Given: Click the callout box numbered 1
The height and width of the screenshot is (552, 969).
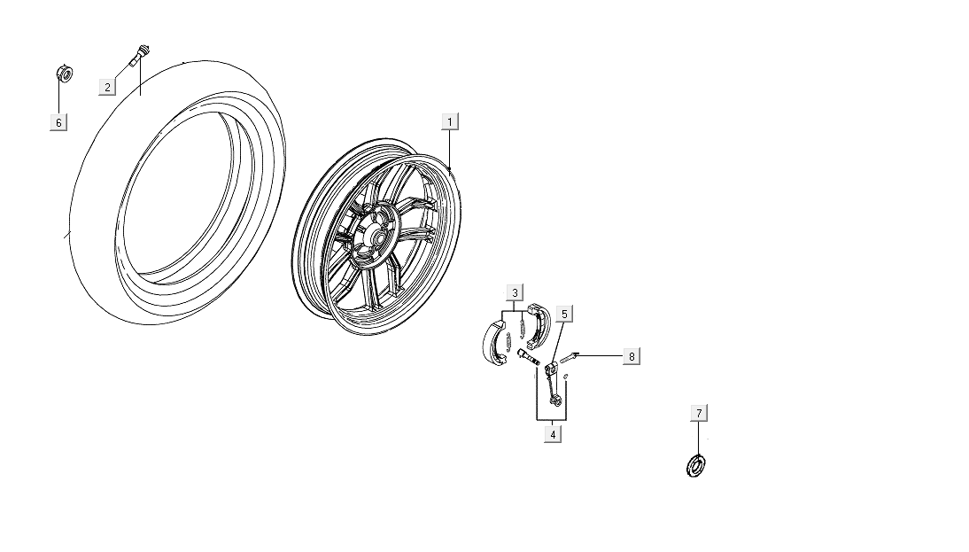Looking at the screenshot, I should pyautogui.click(x=450, y=121).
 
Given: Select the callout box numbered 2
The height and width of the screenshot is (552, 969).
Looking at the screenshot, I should pyautogui.click(x=107, y=86).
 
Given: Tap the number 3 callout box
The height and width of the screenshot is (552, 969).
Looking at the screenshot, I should pyautogui.click(x=516, y=292).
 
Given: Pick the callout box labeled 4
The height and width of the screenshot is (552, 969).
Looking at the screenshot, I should pyautogui.click(x=553, y=434).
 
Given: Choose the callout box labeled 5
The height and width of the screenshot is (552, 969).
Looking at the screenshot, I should pyautogui.click(x=564, y=313).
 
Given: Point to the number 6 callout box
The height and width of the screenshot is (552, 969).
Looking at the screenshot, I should pyautogui.click(x=58, y=122).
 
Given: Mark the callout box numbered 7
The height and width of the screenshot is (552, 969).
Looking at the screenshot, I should pyautogui.click(x=699, y=413).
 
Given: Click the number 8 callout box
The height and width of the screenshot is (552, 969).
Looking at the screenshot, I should pyautogui.click(x=631, y=356).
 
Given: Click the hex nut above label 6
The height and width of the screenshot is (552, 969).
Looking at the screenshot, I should pyautogui.click(x=64, y=74).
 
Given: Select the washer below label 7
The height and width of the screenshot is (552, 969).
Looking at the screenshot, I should pyautogui.click(x=697, y=464).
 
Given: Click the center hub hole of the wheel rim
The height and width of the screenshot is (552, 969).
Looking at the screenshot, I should pyautogui.click(x=378, y=237).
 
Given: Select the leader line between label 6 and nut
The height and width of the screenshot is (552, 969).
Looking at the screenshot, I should pyautogui.click(x=59, y=97).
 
